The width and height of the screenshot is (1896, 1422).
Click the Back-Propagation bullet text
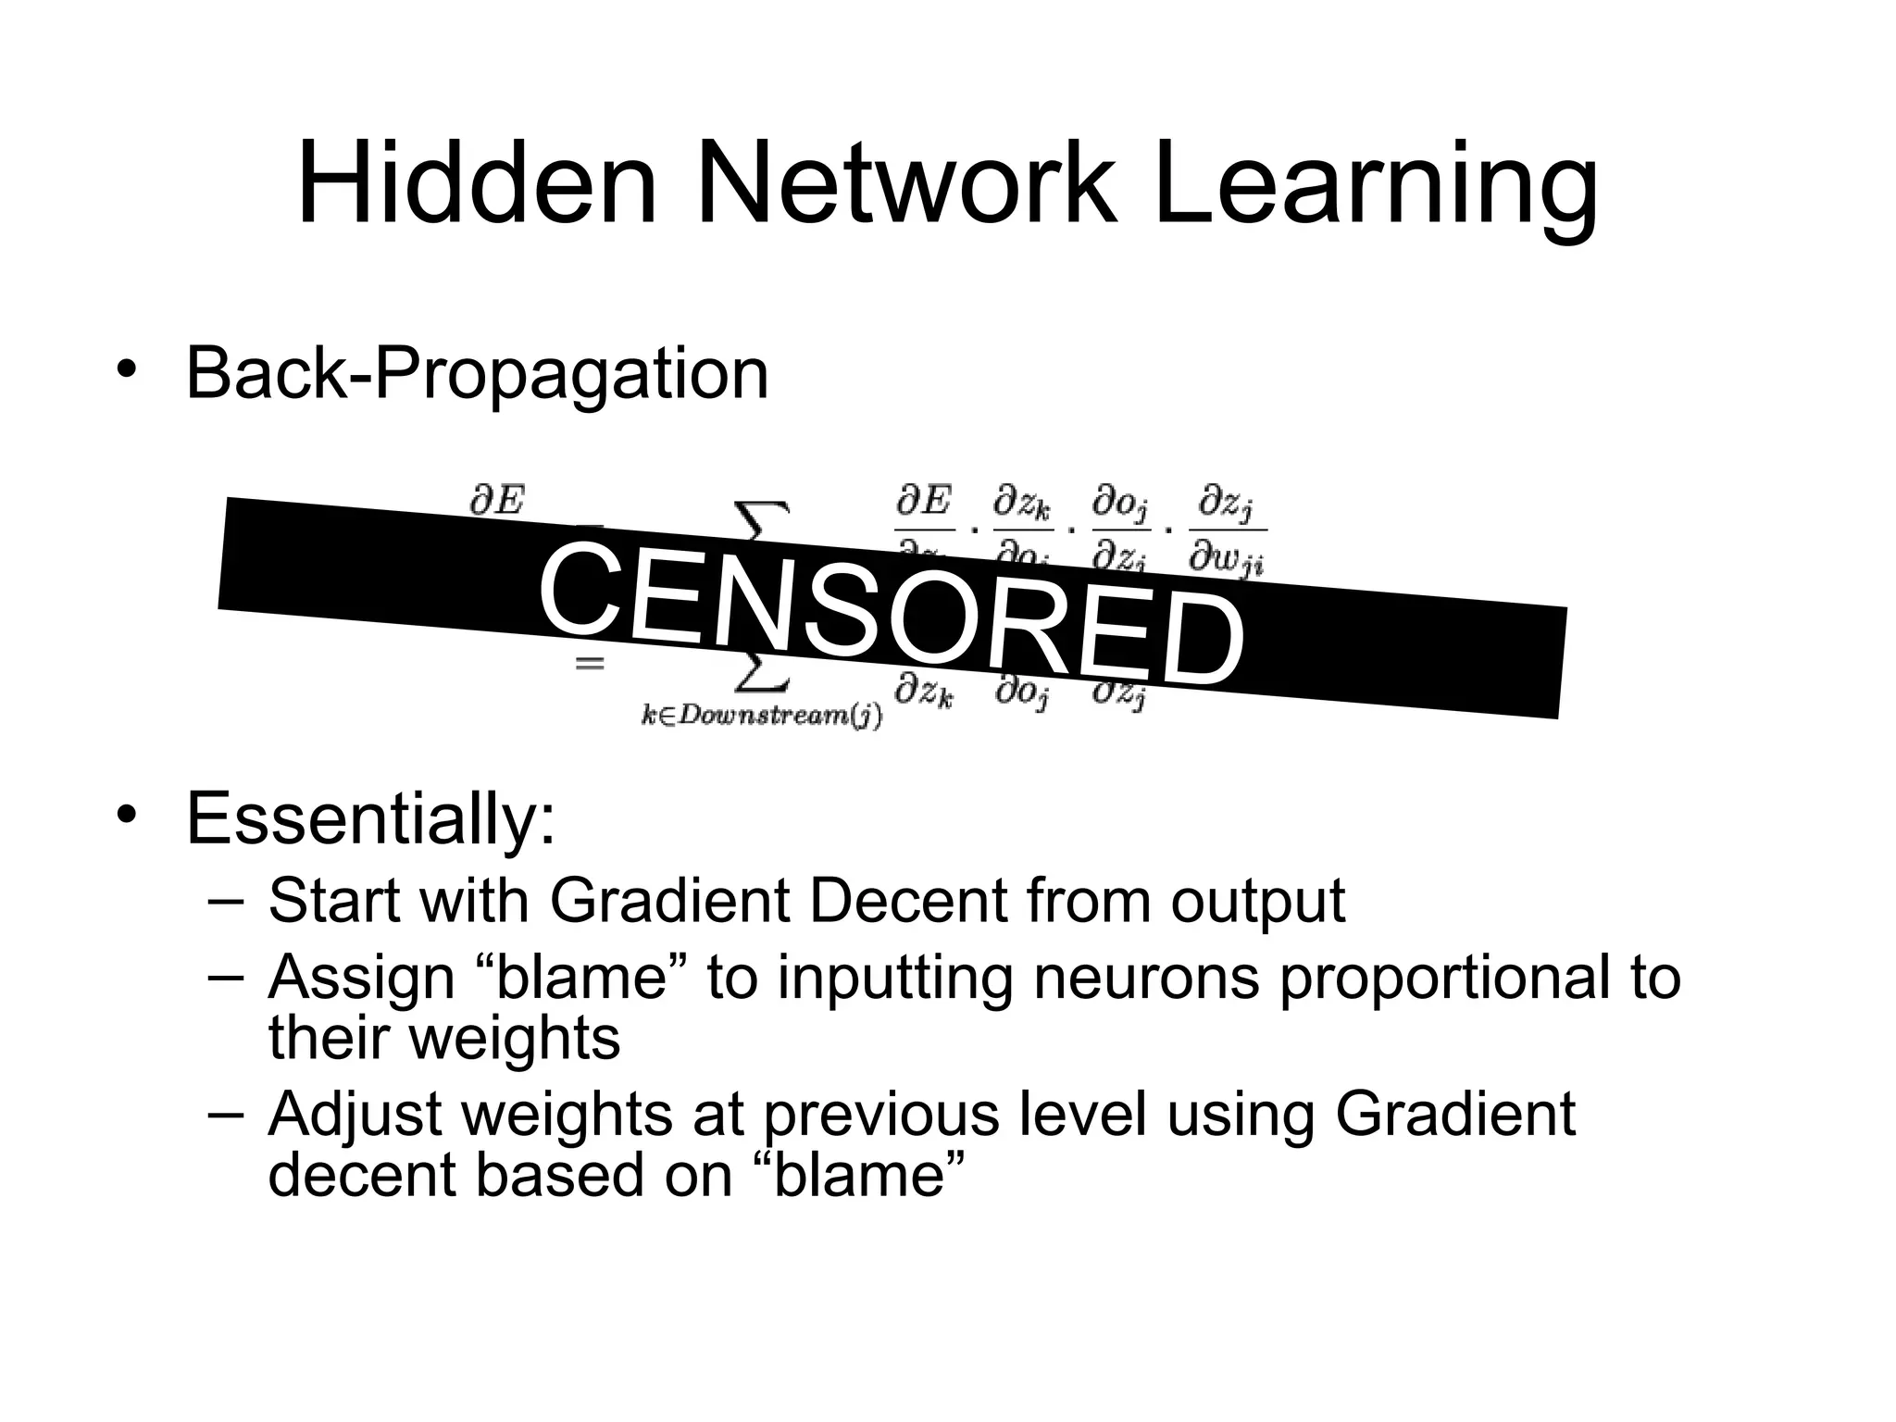pyautogui.click(x=477, y=375)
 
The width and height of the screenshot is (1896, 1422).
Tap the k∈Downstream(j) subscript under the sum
pyautogui.click(x=762, y=717)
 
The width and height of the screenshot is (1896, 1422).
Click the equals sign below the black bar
pyautogui.click(x=590, y=664)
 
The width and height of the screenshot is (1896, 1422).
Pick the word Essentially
pyautogui.click(x=370, y=818)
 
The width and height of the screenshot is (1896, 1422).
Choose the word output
pyautogui.click(x=1257, y=901)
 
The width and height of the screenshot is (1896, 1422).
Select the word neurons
pyautogui.click(x=1146, y=977)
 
